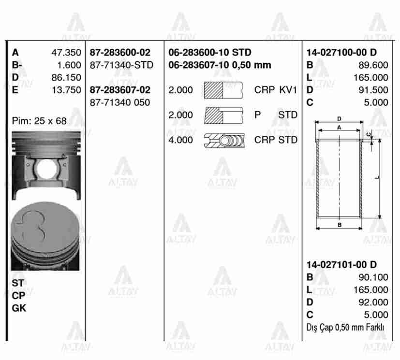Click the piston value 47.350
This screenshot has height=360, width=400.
point(66,53)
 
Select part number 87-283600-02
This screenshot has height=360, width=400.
point(120,53)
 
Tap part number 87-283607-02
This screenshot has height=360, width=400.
point(120,90)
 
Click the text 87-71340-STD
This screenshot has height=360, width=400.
point(121,65)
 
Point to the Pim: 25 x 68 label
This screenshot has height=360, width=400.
point(39,121)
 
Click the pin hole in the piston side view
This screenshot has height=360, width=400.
point(46,169)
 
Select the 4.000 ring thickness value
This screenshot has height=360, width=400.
point(180,140)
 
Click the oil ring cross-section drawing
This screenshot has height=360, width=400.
point(224,141)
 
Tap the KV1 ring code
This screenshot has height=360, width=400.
point(288,90)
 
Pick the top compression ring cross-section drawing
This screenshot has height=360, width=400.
point(223,90)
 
